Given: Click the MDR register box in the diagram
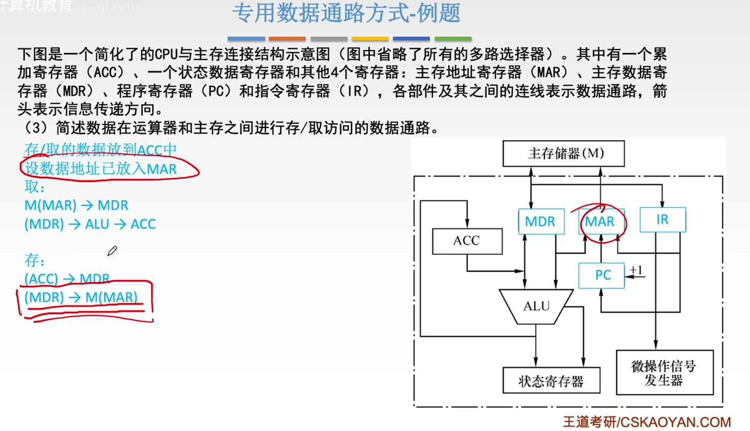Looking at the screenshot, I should click(x=541, y=222).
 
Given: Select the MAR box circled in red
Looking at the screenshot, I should click(x=600, y=222).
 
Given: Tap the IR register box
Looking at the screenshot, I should click(x=663, y=220).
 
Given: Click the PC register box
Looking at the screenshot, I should click(x=602, y=275).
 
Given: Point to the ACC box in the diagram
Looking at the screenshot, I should click(x=467, y=241).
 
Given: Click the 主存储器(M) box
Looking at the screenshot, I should click(x=563, y=153).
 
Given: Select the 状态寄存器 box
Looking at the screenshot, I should click(x=551, y=381).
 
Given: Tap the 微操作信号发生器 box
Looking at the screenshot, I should click(x=665, y=373).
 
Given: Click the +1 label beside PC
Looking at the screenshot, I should click(x=636, y=271).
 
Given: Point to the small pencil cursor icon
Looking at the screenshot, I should click(x=112, y=251).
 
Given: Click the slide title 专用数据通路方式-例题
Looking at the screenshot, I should click(x=346, y=14).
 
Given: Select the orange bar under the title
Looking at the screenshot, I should click(x=287, y=38).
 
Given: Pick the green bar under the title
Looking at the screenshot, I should click(x=453, y=38).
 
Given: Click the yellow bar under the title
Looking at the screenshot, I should click(x=370, y=38).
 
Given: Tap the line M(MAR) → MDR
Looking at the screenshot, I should click(x=76, y=205).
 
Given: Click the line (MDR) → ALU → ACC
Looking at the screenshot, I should click(x=90, y=224).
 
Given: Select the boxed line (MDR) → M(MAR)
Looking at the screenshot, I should click(x=81, y=297).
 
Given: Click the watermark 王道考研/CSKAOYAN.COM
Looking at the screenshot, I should click(x=647, y=422).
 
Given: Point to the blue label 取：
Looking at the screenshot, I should click(x=35, y=187).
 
